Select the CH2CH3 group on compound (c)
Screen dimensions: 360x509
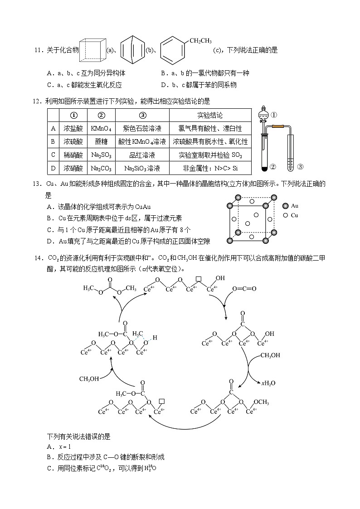click(200, 41)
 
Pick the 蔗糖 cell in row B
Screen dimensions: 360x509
click(101, 142)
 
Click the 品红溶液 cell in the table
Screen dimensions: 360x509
click(142, 155)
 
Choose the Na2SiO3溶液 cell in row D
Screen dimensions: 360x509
click(142, 168)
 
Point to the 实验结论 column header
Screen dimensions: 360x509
click(210, 115)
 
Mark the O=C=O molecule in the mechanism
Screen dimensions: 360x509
click(244, 289)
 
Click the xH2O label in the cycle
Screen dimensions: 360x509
click(268, 383)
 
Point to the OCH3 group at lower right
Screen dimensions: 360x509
click(261, 402)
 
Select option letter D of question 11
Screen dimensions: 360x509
click(164, 85)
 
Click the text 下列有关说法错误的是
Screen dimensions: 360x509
click(79, 437)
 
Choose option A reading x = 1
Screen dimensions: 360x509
click(57, 447)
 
